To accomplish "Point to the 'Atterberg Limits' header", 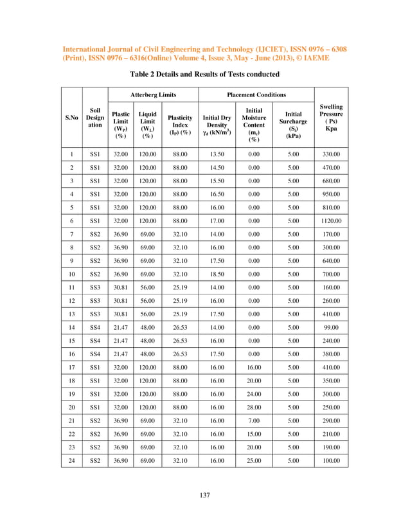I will pos(153,94).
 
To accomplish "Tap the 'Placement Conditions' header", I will pos(254,94).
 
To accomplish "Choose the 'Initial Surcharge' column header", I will pos(293,122).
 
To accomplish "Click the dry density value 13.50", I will pos(217,154).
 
